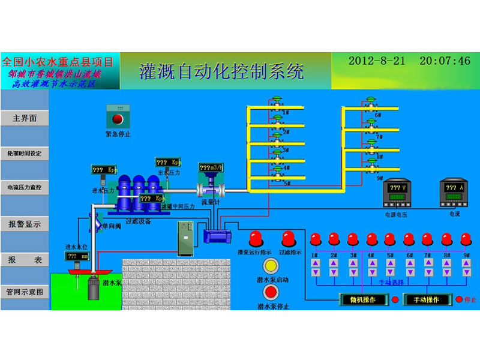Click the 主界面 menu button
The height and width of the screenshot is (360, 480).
pyautogui.click(x=25, y=118)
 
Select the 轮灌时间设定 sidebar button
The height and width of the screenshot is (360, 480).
pyautogui.click(x=25, y=153)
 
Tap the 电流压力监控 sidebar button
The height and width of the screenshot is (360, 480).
pyautogui.click(x=25, y=188)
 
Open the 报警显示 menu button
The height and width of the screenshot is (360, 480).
pyautogui.click(x=25, y=224)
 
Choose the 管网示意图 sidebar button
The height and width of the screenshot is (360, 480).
pyautogui.click(x=25, y=292)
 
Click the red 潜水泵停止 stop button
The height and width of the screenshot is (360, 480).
pyautogui.click(x=272, y=293)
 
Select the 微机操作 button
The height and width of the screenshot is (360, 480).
pyautogui.click(x=362, y=299)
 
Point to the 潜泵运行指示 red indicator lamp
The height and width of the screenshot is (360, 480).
pyautogui.click(x=257, y=239)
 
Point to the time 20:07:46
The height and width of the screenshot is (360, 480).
pyautogui.click(x=445, y=61)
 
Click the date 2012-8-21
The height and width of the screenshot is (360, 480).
pyautogui.click(x=376, y=61)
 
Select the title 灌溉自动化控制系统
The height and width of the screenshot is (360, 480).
pyautogui.click(x=221, y=71)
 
